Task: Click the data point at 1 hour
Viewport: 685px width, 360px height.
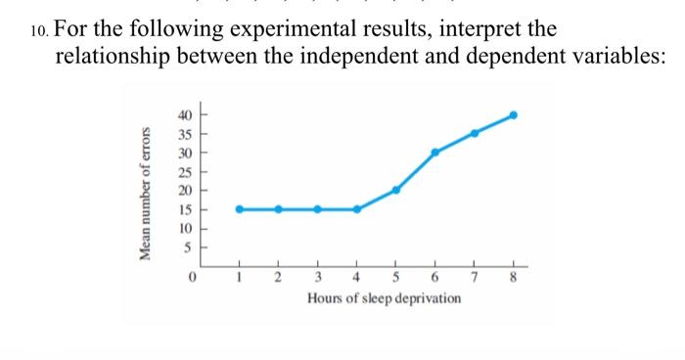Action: click(240, 208)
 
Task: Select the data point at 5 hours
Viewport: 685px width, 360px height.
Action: click(396, 190)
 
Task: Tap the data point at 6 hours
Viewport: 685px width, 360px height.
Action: click(435, 152)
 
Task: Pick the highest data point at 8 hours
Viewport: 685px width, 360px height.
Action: click(514, 114)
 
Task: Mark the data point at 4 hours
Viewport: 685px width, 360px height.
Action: click(357, 208)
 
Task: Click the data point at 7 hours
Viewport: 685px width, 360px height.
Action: click(475, 133)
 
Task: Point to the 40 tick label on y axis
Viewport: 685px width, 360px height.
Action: click(185, 115)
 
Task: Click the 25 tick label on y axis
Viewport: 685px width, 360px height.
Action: click(185, 171)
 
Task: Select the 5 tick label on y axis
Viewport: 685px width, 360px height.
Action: click(188, 247)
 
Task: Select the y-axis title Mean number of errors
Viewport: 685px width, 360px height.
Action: click(146, 193)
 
